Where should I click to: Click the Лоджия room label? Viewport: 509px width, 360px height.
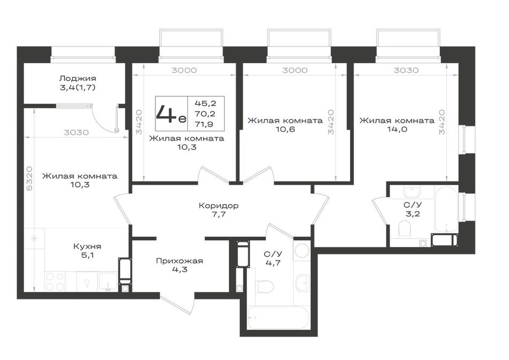pyautogui.click(x=78, y=78)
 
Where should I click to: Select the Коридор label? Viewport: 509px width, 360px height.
pyautogui.click(x=219, y=206)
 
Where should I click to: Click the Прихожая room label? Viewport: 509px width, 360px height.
pyautogui.click(x=179, y=261)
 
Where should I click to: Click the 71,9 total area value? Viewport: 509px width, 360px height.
pyautogui.click(x=205, y=124)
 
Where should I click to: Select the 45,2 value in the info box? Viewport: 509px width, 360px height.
pyautogui.click(x=205, y=103)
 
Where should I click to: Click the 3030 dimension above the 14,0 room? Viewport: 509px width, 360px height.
pyautogui.click(x=406, y=70)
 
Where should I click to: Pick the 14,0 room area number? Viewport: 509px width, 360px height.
pyautogui.click(x=396, y=129)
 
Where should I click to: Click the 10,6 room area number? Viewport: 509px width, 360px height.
pyautogui.click(x=285, y=129)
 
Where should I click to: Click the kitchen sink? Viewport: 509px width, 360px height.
pyautogui.click(x=108, y=281)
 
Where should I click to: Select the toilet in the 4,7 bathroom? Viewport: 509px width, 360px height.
pyautogui.click(x=265, y=286)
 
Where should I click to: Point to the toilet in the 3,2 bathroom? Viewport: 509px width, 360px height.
pyautogui.click(x=405, y=229)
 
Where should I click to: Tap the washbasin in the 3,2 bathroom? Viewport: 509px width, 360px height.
pyautogui.click(x=412, y=192)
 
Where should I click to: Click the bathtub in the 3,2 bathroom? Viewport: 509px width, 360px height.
pyautogui.click(x=446, y=209)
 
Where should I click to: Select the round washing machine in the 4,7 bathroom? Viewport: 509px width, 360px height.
pyautogui.click(x=302, y=251)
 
